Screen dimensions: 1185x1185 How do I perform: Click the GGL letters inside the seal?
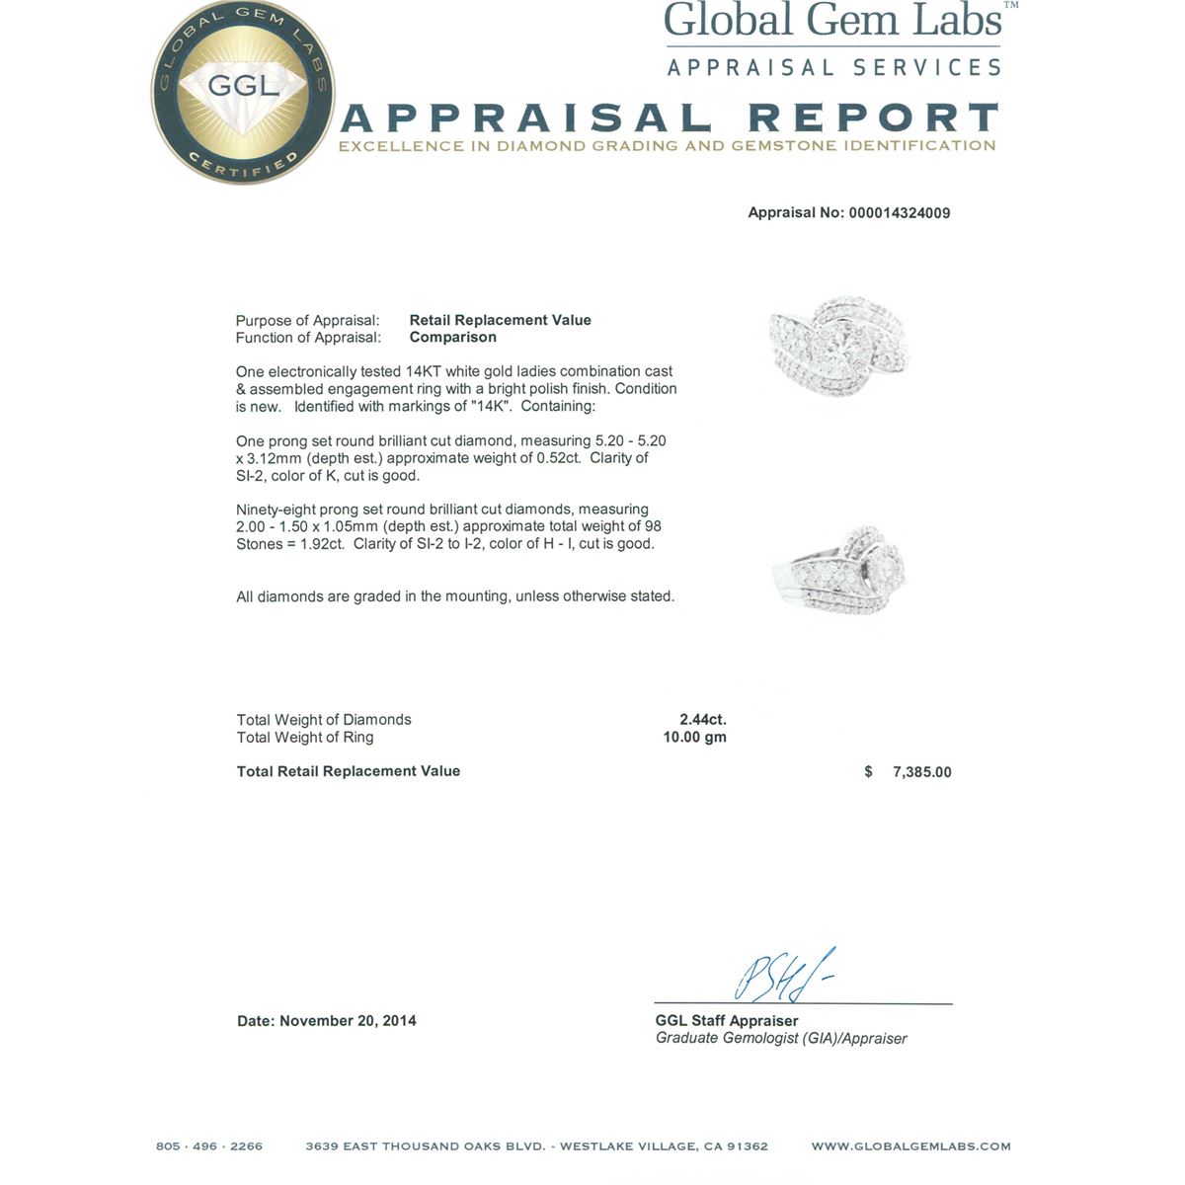tap(243, 85)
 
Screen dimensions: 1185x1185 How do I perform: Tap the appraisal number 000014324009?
tap(899, 213)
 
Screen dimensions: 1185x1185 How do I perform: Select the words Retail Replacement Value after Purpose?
tap(500, 320)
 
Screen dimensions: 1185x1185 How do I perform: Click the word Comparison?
tap(452, 338)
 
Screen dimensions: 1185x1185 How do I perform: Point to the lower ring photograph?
tap(839, 573)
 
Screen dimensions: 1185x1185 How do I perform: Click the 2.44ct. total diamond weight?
tap(702, 720)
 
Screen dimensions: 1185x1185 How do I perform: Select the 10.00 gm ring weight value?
tap(694, 738)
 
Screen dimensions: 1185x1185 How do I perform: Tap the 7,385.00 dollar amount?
tap(921, 772)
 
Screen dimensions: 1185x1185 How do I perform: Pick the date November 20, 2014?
tap(348, 1021)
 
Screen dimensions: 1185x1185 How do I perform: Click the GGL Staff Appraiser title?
tap(726, 1021)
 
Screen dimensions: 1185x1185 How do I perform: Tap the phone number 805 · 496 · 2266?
tap(209, 1146)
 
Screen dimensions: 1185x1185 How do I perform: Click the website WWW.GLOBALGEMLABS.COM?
tap(910, 1146)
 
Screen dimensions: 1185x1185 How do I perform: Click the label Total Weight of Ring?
tap(305, 738)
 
